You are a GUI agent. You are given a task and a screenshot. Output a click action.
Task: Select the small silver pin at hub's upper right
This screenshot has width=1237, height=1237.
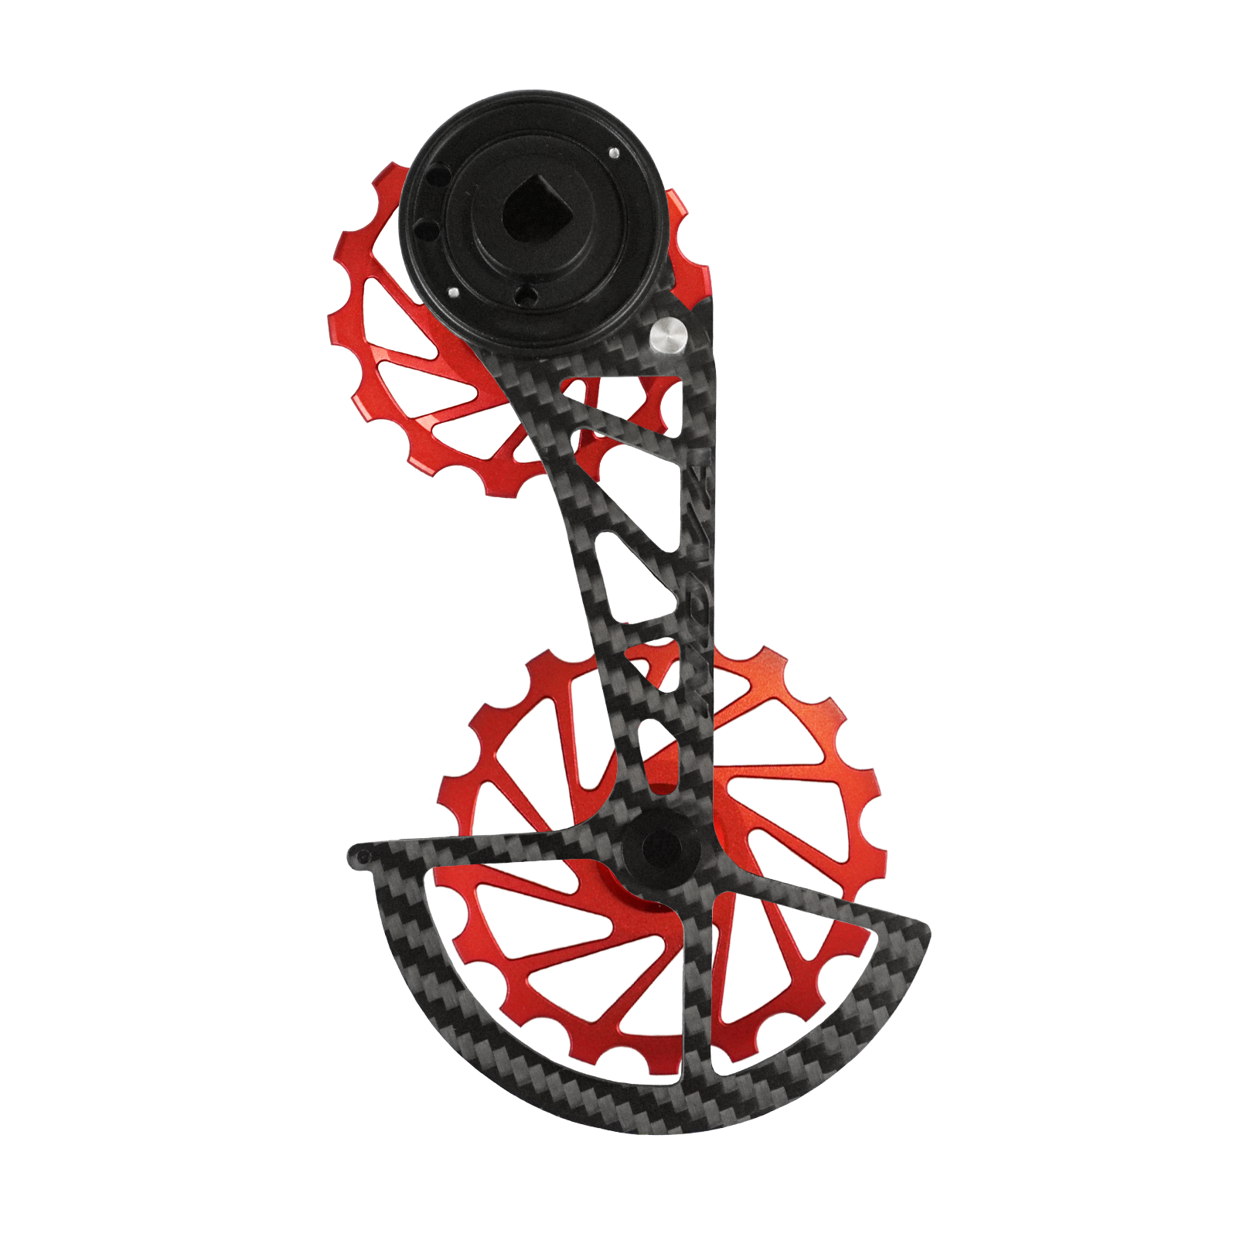(612, 152)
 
